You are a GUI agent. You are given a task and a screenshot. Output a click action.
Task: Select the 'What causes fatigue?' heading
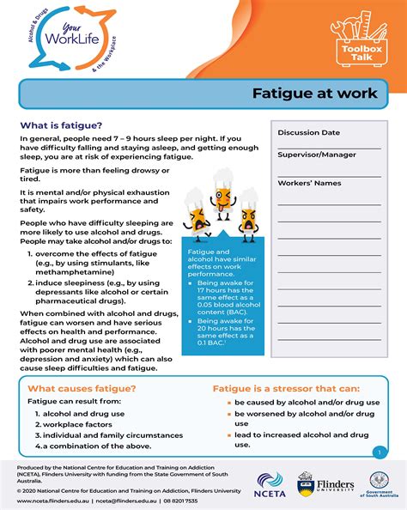(74, 388)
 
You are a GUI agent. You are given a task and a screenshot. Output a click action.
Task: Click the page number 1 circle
(379, 452)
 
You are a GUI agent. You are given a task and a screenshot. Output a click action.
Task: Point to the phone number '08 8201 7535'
(179, 501)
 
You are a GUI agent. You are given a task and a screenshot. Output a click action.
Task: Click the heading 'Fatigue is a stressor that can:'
(287, 388)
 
